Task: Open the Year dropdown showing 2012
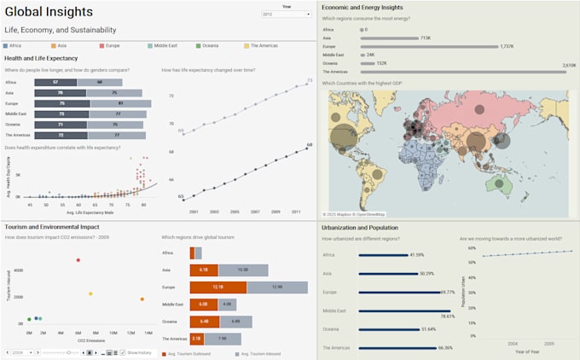coord(287,15)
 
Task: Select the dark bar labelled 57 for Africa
coord(55,82)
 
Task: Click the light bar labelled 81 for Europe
coord(120,103)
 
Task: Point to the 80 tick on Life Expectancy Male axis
coord(143,205)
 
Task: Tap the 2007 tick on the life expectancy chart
coord(255,211)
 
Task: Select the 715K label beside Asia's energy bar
coord(426,38)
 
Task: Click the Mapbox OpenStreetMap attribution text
coord(354,214)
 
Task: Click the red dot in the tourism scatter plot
coord(78,260)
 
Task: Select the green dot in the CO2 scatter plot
coord(29,320)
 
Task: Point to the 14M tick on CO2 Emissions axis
coord(148,333)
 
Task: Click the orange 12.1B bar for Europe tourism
coord(217,287)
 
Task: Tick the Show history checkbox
coord(123,352)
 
